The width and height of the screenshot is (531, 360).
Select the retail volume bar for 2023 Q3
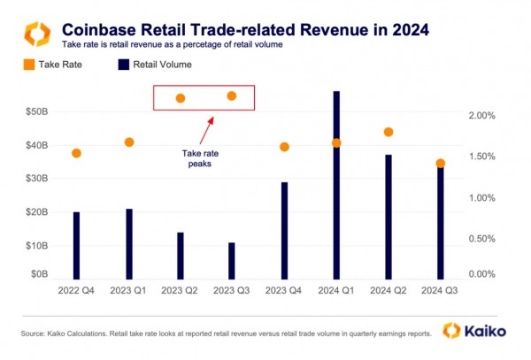[x=232, y=259]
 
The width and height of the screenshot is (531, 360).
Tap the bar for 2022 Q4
[x=76, y=244]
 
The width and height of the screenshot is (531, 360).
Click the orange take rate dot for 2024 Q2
[x=388, y=133]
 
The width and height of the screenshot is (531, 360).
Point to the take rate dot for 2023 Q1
[x=129, y=142]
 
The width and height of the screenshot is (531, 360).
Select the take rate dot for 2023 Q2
[x=181, y=98]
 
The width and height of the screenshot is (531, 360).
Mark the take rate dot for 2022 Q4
[x=76, y=153]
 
